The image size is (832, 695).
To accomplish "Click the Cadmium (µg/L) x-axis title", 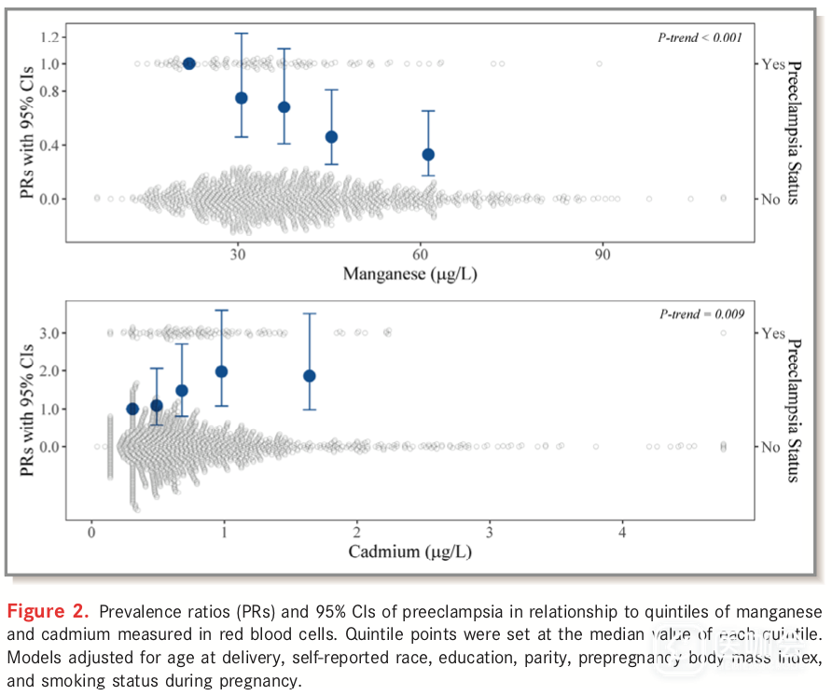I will click(x=409, y=551).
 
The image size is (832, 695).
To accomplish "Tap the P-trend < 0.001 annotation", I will click(x=700, y=37).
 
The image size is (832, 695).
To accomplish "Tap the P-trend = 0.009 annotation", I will click(x=700, y=314).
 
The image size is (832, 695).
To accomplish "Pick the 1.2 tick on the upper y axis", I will click(x=49, y=36).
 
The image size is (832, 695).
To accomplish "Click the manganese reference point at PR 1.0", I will click(x=189, y=63).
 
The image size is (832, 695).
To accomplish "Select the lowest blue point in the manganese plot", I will click(x=428, y=155).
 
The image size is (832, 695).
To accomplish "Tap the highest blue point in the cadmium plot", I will click(x=222, y=371).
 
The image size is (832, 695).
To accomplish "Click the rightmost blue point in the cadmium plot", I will click(x=310, y=376).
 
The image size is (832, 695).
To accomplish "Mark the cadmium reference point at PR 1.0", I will click(x=132, y=409).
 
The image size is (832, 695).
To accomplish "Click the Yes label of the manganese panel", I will click(x=773, y=64).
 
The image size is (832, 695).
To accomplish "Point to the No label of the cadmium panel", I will click(x=770, y=447).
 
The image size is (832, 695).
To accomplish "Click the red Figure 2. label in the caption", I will click(x=48, y=613).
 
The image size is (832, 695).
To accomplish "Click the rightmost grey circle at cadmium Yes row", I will click(x=723, y=333).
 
